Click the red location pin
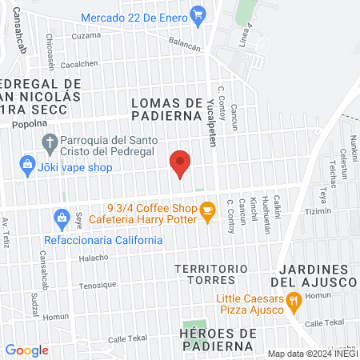180,162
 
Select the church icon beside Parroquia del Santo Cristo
49,144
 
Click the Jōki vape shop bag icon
28,166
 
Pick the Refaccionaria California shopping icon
61,218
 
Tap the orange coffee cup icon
208,211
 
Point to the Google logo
26,350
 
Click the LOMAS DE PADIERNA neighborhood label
166,109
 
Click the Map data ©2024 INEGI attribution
312,353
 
